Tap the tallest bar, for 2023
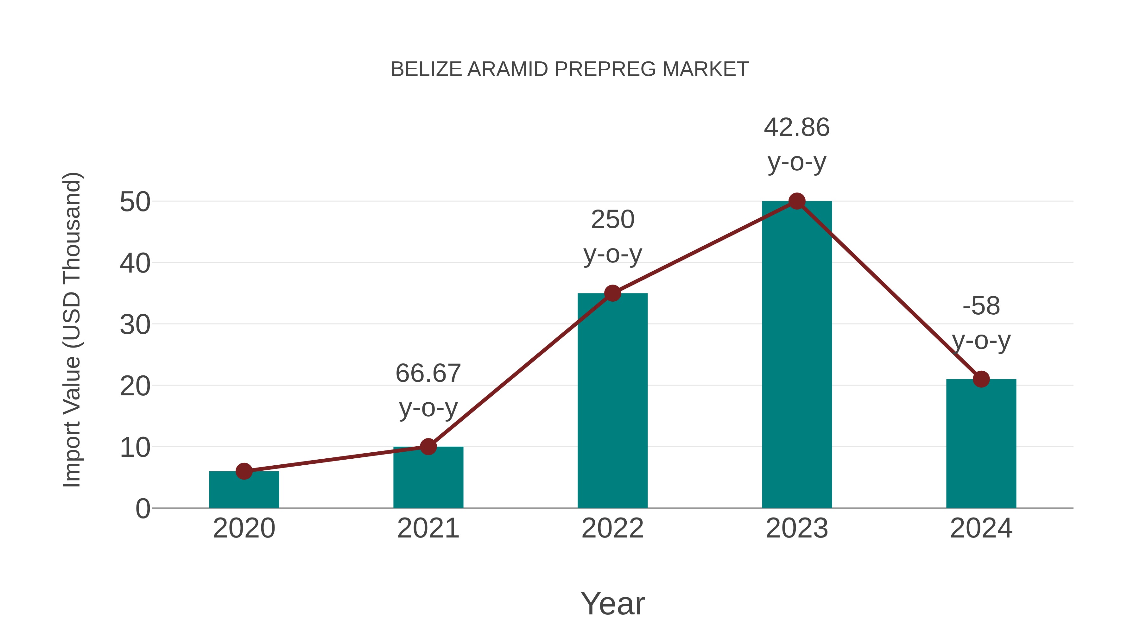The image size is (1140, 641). tap(797, 354)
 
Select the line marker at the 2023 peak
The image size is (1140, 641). tap(797, 201)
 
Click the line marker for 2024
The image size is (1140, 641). tap(981, 379)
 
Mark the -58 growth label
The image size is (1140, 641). tap(981, 323)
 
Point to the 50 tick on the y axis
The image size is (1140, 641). tap(135, 202)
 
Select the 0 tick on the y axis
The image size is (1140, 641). tap(143, 509)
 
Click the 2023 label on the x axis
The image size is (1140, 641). tap(797, 528)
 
